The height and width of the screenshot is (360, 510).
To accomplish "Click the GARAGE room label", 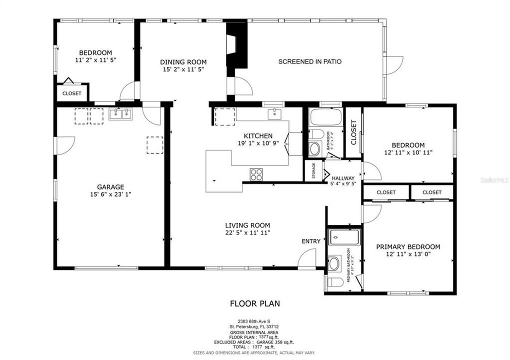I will tap(111, 187).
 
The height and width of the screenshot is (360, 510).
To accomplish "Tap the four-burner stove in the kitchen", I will tap(256, 174).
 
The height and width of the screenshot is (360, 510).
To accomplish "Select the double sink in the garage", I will tap(120, 114).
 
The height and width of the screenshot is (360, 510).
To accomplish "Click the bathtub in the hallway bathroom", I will tap(325, 118).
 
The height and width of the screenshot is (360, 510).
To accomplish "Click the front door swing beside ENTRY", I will tap(306, 258).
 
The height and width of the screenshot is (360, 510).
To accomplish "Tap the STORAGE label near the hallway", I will tap(313, 170).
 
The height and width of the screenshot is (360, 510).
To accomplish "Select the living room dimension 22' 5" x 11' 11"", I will tap(247, 232).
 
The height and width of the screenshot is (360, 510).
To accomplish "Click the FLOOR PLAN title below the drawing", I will tap(254, 303).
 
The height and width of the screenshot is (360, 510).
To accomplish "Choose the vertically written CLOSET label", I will tap(353, 132).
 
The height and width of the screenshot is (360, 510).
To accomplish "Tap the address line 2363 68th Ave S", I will tap(254, 321).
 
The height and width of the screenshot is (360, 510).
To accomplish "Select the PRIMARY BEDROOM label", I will tap(408, 246).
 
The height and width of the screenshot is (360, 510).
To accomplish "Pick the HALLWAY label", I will tap(343, 178).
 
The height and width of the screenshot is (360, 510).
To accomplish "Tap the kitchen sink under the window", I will tap(274, 114).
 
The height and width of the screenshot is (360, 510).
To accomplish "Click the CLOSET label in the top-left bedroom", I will tap(72, 93).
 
